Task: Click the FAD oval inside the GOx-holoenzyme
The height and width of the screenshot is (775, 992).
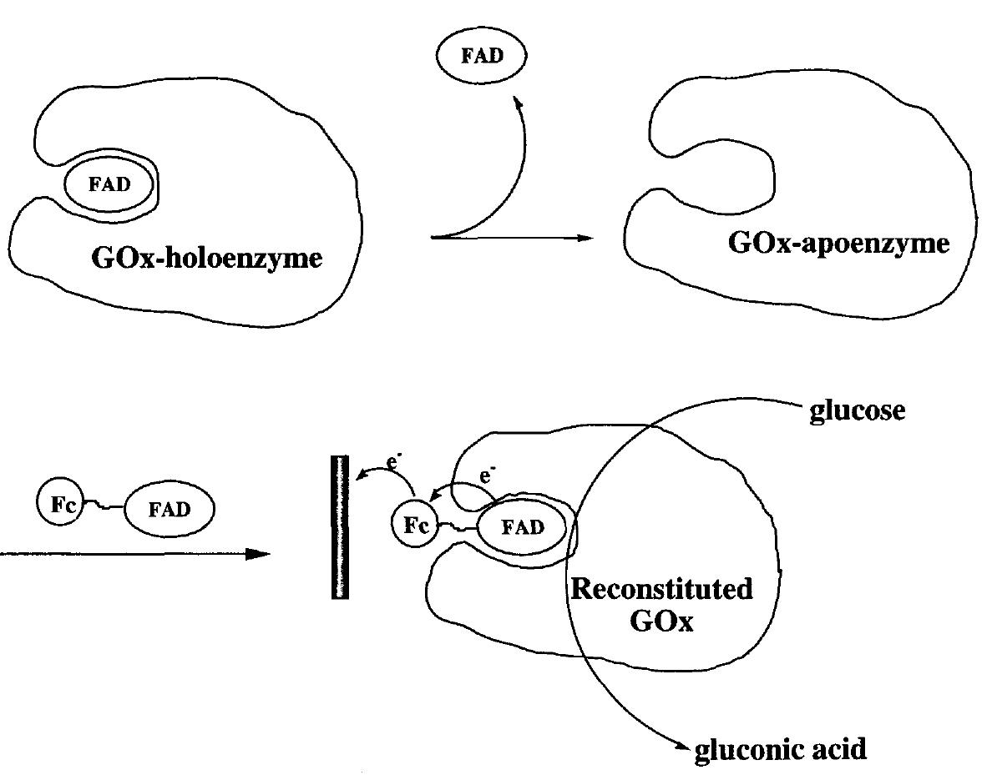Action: (x=111, y=185)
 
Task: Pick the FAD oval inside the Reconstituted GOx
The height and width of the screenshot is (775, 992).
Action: (x=522, y=527)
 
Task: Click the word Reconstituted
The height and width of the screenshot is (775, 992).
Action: (x=660, y=590)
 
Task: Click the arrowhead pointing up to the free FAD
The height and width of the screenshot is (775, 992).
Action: (x=519, y=104)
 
